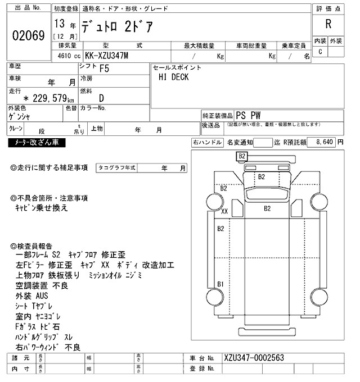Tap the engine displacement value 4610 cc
pos(66,56)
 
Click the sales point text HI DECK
pos(173,78)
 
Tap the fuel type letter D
pos(101,98)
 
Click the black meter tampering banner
pos(37,143)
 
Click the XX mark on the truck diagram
pos(224,212)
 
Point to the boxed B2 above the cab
pos(242,156)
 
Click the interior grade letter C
pos(321,52)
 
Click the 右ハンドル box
pos(207,143)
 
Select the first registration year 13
pos(59,25)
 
